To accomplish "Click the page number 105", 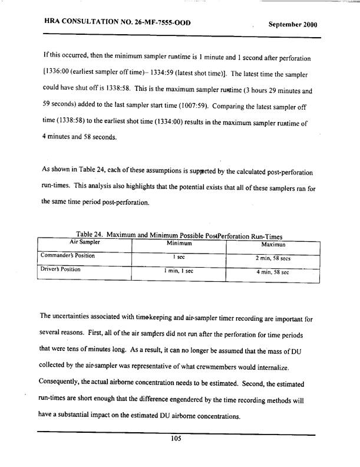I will [x=174, y=438].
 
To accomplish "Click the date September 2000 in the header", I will [x=293, y=25].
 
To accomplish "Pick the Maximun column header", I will [x=273, y=244].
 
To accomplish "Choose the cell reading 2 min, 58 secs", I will [x=273, y=258].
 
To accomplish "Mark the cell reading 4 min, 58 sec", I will [x=273, y=272].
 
